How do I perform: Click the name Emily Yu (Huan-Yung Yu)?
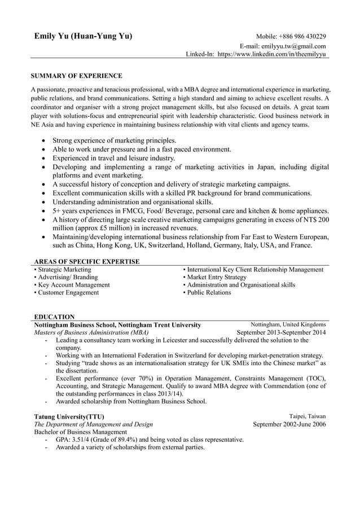(x=83, y=37)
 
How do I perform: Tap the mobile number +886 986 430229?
(x=304, y=37)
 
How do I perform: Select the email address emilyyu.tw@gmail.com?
(x=294, y=46)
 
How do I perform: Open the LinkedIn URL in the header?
(x=272, y=55)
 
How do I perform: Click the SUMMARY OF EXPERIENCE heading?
(x=76, y=75)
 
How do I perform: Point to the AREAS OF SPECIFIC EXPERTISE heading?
(x=87, y=262)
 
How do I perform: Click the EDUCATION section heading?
(x=54, y=317)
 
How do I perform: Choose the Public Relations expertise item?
(x=207, y=293)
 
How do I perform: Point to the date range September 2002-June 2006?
(x=289, y=424)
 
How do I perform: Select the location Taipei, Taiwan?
(x=307, y=416)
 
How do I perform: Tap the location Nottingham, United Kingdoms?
(x=288, y=325)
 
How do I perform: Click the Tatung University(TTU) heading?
(x=69, y=417)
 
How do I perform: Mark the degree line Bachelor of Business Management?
(x=81, y=432)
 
